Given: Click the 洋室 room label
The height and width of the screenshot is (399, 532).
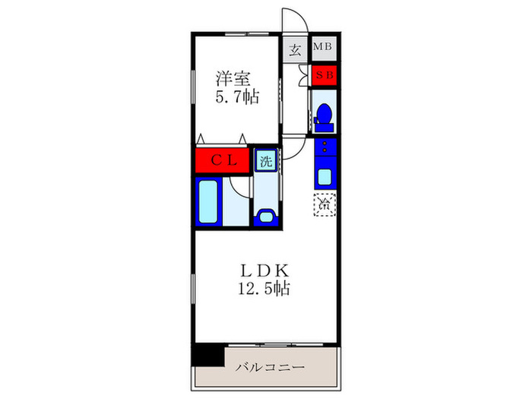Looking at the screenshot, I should (x=234, y=78).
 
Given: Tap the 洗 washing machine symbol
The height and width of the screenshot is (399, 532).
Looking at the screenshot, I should (x=266, y=160).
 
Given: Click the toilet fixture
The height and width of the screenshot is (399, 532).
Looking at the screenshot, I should (x=325, y=114).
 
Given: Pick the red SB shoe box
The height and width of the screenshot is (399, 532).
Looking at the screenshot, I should (x=325, y=74).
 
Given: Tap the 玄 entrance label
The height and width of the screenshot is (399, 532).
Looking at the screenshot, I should (x=296, y=51).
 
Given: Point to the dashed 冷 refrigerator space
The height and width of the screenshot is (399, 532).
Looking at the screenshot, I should (x=325, y=203).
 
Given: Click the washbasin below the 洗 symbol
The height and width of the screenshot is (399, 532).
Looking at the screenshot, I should (x=266, y=216).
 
